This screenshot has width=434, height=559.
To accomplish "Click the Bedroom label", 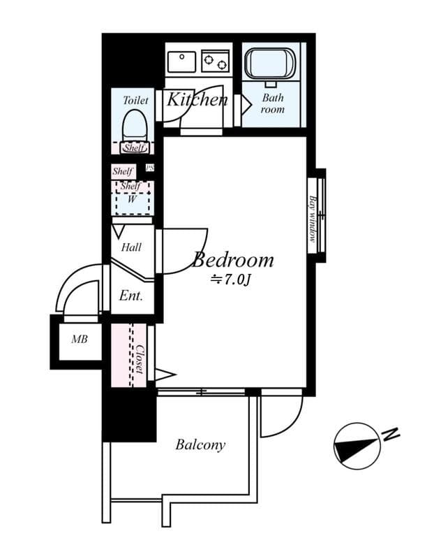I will click(x=233, y=261).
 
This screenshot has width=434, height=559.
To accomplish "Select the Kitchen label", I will click(x=197, y=100).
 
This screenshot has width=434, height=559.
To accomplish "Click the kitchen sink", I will click(x=182, y=61).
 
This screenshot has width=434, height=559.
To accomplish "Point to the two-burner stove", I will click(x=215, y=61).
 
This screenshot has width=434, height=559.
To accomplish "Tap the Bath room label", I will click(x=273, y=104).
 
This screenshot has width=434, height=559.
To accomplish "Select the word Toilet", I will click(x=135, y=101).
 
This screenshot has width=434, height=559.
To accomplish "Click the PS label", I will click(x=149, y=168).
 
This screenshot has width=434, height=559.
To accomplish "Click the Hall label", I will click(x=131, y=247).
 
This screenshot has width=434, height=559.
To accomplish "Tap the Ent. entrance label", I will click(x=130, y=296).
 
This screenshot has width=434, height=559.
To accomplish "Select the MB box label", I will click(x=80, y=340).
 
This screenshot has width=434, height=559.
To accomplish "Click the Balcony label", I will click(x=200, y=444).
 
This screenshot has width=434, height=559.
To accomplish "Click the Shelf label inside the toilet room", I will click(x=134, y=147).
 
